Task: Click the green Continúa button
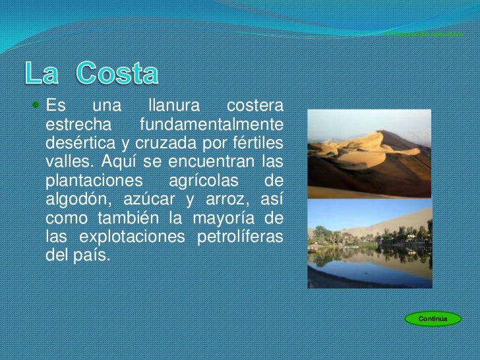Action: (x=433, y=319)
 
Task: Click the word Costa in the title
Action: (x=117, y=74)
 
